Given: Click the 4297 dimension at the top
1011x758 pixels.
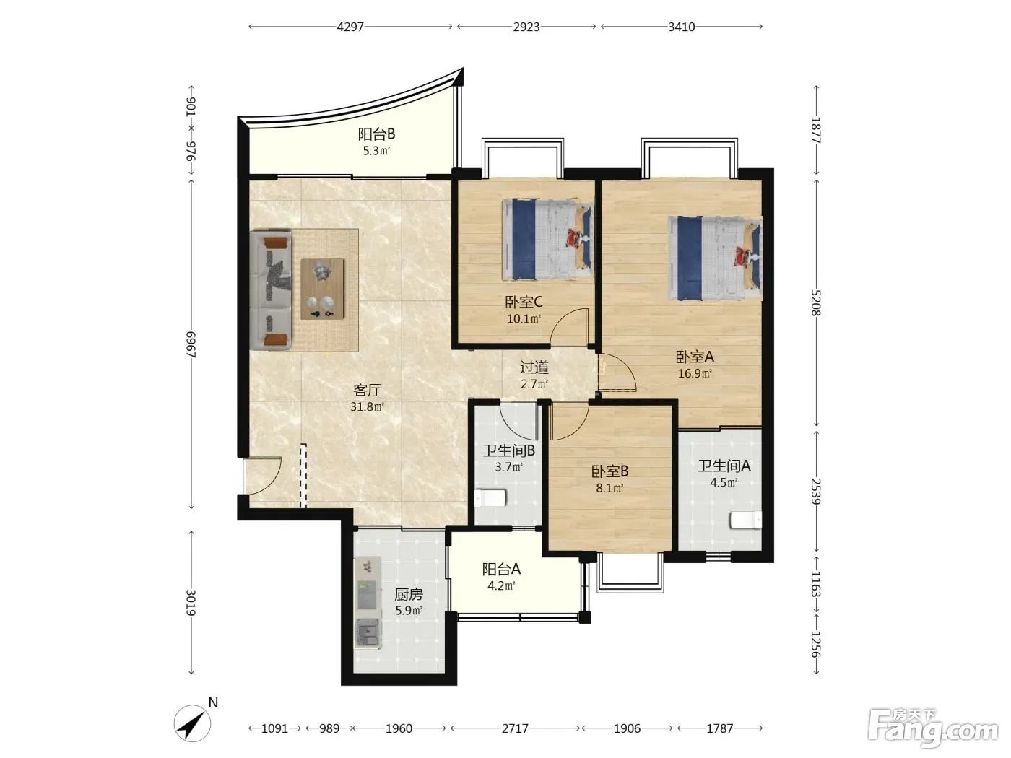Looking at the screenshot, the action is pos(350,27).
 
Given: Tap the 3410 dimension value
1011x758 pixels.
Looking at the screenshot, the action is pos(681,27).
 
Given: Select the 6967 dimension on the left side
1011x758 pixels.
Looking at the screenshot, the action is pos(191,344).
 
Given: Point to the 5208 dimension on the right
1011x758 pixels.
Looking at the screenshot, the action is pos(815,302).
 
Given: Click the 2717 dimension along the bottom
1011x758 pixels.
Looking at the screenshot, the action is pos(515,728).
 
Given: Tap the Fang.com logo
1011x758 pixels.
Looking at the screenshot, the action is pos(933,728).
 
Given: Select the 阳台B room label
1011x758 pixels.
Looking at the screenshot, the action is pos(376,134).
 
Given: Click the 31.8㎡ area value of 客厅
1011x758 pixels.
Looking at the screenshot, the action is pos(367,407).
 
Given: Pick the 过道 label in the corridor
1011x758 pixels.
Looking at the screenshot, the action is pos(534,367).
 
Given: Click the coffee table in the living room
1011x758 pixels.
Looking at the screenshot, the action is pos(322,289).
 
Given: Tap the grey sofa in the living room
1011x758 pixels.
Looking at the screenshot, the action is pos(272,291).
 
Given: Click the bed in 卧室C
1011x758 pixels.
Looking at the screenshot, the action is pos(547,240).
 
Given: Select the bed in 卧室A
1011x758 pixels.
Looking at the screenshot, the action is pos(716,258).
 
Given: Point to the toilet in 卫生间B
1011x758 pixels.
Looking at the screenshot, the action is pos(491,498).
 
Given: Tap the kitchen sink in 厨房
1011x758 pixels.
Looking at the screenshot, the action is pos(368,633).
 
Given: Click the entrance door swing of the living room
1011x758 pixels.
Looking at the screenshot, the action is pos(262,476).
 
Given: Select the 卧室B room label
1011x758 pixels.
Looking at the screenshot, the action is pos(609,471).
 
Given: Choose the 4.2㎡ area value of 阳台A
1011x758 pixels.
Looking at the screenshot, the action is pos(501,586).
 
